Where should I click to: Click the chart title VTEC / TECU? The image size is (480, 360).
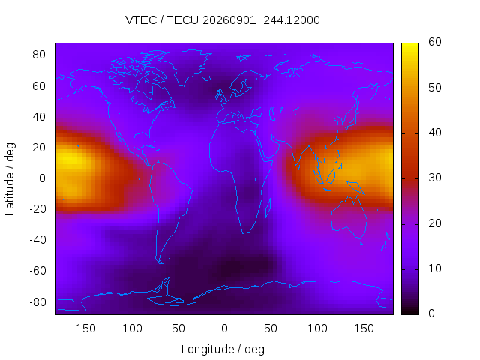[162, 20]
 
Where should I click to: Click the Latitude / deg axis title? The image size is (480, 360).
[10, 179]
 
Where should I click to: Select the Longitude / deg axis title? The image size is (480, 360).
[223, 349]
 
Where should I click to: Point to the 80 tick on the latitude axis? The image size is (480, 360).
[39, 55]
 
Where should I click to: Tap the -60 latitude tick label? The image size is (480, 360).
[38, 271]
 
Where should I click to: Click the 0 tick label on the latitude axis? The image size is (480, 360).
[42, 178]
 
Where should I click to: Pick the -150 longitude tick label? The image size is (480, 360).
[84, 328]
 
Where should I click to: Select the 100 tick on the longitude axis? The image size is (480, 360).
[317, 328]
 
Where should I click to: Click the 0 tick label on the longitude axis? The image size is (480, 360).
[224, 328]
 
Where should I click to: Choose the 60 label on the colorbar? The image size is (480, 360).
[435, 42]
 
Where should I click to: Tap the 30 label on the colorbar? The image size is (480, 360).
[435, 178]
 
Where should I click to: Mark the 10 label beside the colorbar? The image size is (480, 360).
[435, 268]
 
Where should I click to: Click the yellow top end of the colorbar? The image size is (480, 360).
[409, 45]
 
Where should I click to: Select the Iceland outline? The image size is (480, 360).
[207, 79]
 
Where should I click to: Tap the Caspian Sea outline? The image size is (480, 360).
[271, 113]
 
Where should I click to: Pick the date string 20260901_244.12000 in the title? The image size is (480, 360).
[261, 20]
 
